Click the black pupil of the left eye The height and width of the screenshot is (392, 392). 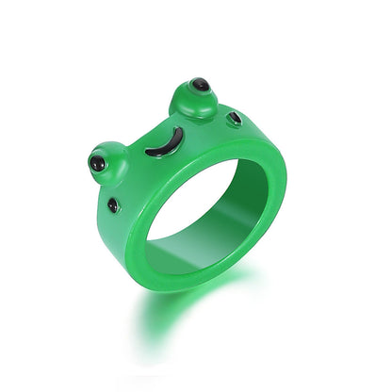pyautogui.click(x=98, y=165)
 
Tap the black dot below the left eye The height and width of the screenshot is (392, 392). pyautogui.click(x=113, y=204)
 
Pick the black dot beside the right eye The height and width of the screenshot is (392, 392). pyautogui.click(x=233, y=120)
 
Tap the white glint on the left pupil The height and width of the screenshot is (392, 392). pyautogui.click(x=96, y=162)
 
